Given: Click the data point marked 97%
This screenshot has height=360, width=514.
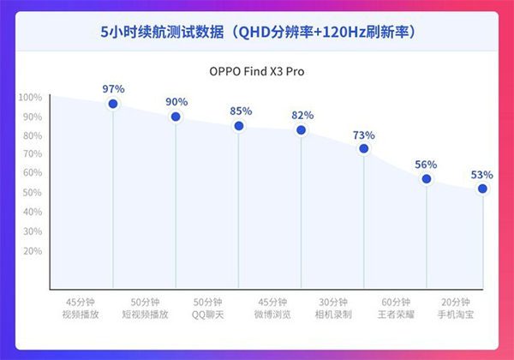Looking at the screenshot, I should (x=113, y=104).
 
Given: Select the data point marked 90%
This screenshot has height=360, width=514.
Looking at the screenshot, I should (x=176, y=117).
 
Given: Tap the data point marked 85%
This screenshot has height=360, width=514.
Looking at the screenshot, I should (x=239, y=126).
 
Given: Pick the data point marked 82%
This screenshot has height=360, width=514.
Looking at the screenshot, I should (x=302, y=130).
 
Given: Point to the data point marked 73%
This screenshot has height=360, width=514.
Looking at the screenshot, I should (x=364, y=148).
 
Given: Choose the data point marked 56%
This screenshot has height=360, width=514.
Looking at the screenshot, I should (x=427, y=178).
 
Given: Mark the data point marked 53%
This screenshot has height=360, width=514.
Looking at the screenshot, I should (x=482, y=189).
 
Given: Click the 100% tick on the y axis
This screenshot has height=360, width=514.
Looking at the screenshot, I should (x=30, y=97).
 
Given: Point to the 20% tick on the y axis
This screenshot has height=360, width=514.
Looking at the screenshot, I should (x=32, y=250).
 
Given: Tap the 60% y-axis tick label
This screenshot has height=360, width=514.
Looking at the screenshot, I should (x=32, y=173).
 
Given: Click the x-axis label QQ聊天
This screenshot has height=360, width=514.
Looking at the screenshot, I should (x=208, y=315).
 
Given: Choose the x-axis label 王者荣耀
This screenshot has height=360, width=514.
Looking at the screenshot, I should (x=395, y=315).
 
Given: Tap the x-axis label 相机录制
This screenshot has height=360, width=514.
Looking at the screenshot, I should (x=332, y=315).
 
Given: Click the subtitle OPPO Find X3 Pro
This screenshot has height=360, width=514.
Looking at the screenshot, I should (x=257, y=71).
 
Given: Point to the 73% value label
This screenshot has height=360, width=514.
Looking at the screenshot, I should (x=364, y=134).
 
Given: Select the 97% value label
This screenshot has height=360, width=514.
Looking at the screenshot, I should (x=113, y=88).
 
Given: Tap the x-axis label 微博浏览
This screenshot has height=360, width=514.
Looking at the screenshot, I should (x=271, y=315).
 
